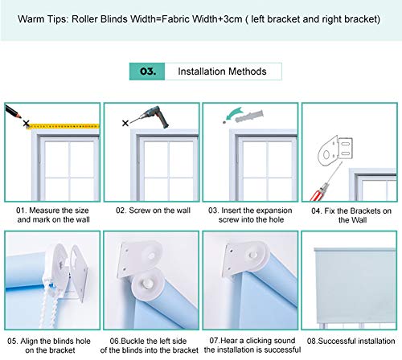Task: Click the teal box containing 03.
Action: coord(147,72)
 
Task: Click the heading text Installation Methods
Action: coord(222,72)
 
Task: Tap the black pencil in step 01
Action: coord(13,111)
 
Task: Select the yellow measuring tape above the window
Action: coord(64,126)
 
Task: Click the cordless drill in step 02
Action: coord(153,117)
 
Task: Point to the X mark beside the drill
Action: coord(125,123)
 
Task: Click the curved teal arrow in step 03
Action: coord(233,113)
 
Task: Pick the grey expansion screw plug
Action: coord(249,116)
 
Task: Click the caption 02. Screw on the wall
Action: coord(153,211)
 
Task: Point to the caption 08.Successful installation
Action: coord(351,341)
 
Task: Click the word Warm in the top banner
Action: coord(30,19)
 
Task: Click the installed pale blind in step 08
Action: coord(355,286)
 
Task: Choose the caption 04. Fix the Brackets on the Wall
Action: coord(351,215)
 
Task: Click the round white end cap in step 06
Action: coord(147,284)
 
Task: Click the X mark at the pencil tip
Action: coord(26,124)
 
